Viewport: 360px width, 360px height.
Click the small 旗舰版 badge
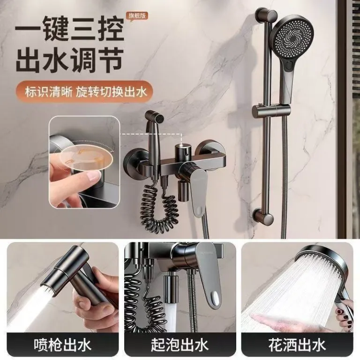[137, 16]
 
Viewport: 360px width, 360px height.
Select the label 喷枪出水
[62, 345]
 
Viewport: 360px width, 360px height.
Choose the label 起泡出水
[180, 345]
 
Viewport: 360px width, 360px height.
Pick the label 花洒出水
[297, 345]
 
